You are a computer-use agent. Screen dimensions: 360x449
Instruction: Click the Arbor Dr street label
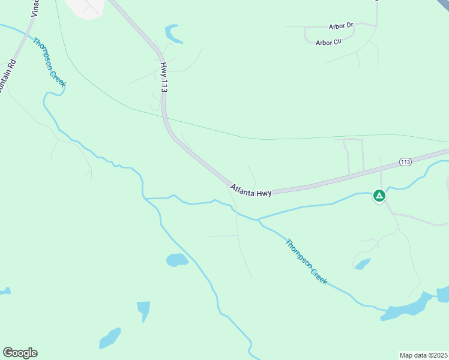coord(341,26)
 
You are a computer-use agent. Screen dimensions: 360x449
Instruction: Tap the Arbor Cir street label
coord(328,43)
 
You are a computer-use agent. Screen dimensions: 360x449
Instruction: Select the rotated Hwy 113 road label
coord(163,77)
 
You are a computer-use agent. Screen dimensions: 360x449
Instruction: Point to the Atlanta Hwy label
coord(250,191)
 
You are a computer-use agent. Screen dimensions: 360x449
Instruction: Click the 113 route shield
coord(405,162)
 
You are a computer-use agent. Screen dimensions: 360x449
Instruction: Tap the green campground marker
coord(379,196)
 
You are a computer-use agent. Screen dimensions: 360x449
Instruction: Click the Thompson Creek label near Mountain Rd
coord(49,62)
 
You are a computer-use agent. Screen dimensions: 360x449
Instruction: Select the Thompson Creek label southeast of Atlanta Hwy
coord(307,262)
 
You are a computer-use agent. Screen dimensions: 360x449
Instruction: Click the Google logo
coord(20,352)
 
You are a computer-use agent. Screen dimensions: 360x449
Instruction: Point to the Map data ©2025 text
coord(423,355)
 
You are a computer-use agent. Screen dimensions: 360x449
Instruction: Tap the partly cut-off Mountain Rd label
coord(7,76)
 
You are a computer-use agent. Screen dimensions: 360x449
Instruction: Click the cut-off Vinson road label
coord(35,8)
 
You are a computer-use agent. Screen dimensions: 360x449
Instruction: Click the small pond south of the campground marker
coord(362,264)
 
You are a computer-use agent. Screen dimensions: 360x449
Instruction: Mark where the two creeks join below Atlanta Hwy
coord(258,220)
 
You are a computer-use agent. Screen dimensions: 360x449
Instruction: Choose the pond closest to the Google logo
coord(109,338)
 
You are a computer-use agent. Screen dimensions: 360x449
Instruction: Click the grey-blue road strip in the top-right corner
coord(442,5)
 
